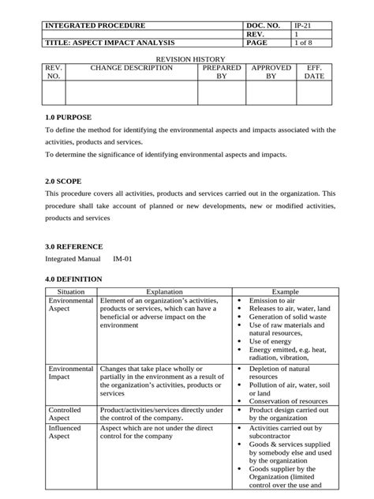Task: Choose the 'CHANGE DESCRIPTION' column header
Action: [x=131, y=69]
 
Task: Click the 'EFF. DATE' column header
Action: [x=314, y=73]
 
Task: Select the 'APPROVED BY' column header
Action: [x=271, y=73]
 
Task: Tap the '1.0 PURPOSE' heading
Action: [x=69, y=118]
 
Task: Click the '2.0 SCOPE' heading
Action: [x=63, y=181]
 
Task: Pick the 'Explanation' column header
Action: [x=164, y=292]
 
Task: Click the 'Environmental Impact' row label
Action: [x=70, y=373]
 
